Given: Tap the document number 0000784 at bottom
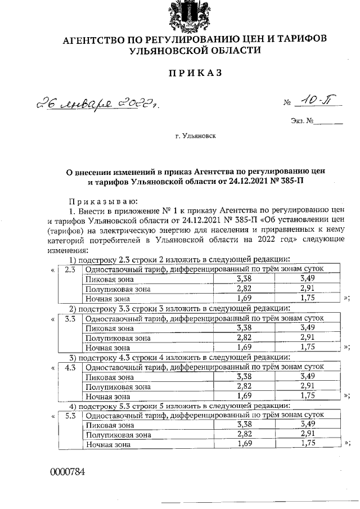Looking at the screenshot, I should point(67,471).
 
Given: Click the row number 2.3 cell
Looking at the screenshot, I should point(70,269).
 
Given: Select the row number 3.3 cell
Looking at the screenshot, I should point(70,318).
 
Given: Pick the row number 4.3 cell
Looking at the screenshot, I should point(70,367).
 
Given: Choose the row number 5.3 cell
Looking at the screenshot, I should point(70,416).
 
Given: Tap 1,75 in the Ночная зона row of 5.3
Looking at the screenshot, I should point(307,444).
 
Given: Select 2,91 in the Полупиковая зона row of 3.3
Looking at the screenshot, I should point(307,337).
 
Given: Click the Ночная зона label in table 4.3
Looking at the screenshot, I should point(105,396).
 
